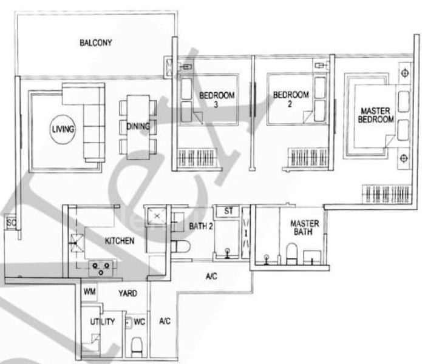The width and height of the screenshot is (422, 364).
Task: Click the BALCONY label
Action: [x=96, y=42]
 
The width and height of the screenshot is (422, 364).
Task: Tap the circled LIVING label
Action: [x=63, y=129]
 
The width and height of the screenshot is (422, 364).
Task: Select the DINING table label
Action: [x=139, y=126]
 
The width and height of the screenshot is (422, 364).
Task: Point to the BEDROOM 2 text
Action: [x=290, y=99]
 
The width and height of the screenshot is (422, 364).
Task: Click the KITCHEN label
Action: [x=120, y=241]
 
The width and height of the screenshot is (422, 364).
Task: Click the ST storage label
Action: [x=229, y=211]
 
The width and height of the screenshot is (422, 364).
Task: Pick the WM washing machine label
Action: [x=90, y=293]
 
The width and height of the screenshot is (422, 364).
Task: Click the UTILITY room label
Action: [x=103, y=322]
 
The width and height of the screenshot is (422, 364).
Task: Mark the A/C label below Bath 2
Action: [x=211, y=277]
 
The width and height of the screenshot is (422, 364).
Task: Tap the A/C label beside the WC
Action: [x=165, y=322]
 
